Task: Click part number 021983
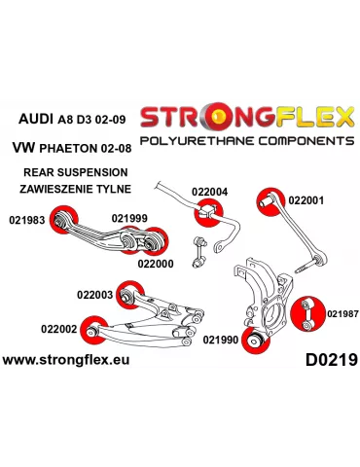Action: click(x=27, y=220)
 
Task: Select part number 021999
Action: click(x=129, y=219)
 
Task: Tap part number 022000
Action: click(x=156, y=263)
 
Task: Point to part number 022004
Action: click(x=209, y=192)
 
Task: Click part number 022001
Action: click(x=306, y=199)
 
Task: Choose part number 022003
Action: click(x=94, y=293)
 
